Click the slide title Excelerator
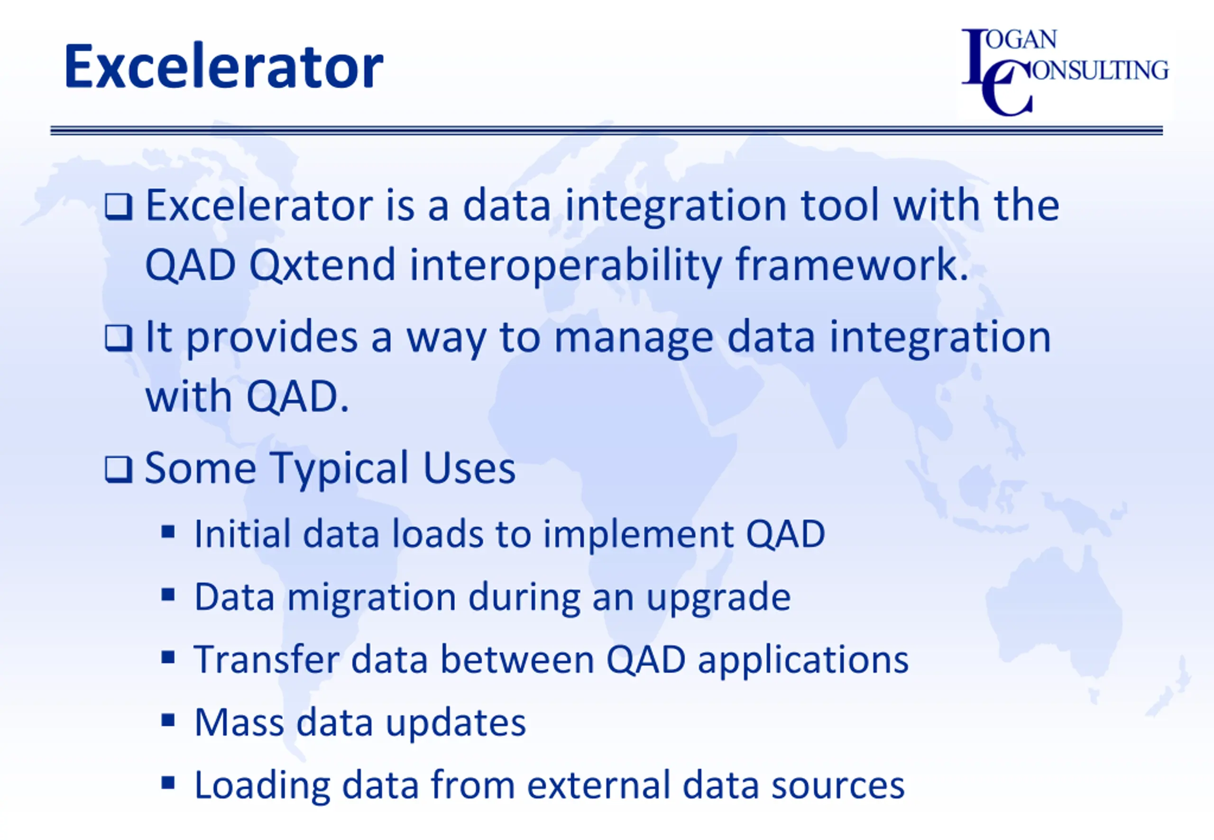pyautogui.click(x=224, y=67)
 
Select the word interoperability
pyautogui.click(x=565, y=266)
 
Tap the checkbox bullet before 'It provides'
pyautogui.click(x=119, y=338)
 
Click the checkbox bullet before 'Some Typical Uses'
pyautogui.click(x=119, y=469)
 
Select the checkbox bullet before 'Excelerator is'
pyautogui.click(x=119, y=206)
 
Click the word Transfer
pyautogui.click(x=267, y=659)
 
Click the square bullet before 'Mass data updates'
pyautogui.click(x=168, y=720)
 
